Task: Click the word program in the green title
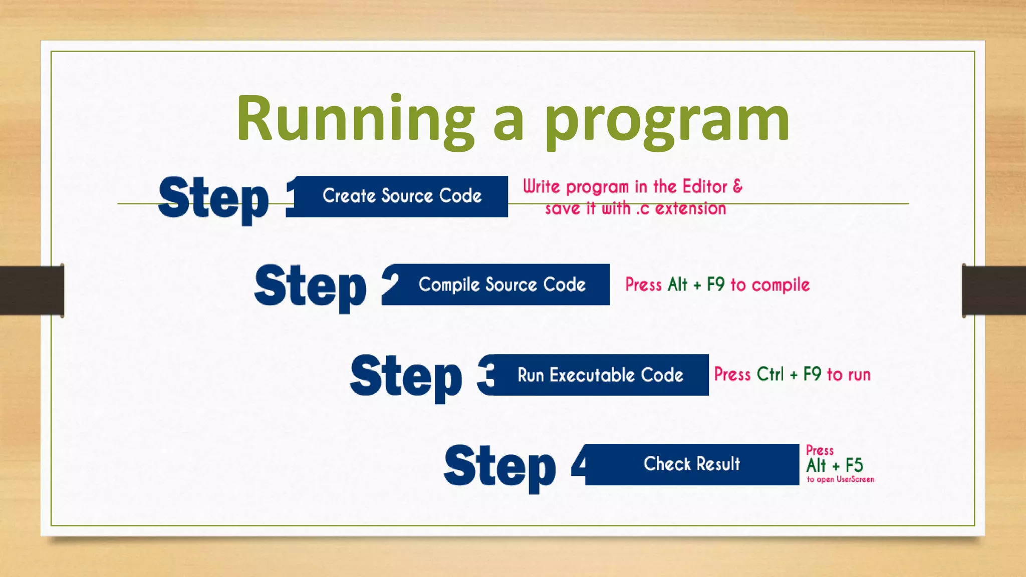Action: [667, 120]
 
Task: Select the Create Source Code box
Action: [402, 196]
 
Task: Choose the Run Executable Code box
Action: [600, 375]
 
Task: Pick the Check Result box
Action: [692, 464]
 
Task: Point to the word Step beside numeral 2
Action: [311, 287]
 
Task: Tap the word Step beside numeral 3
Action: [406, 377]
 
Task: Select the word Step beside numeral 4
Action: [500, 467]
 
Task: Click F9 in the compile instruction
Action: [715, 284]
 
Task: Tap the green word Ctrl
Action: [770, 374]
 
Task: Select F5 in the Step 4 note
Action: [854, 465]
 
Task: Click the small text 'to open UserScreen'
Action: [840, 479]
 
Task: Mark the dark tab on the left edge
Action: [32, 291]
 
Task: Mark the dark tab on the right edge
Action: [994, 291]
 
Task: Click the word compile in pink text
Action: [781, 285]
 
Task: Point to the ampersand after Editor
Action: [737, 186]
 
